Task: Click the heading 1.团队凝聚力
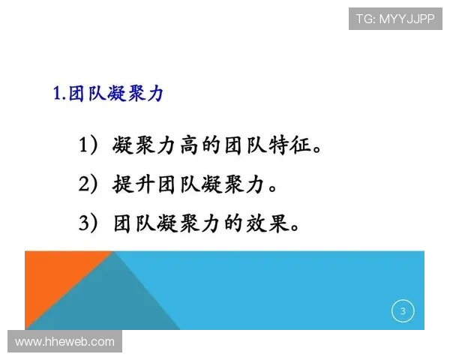tap(108, 94)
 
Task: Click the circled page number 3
tap(403, 311)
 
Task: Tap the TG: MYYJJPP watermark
tap(394, 19)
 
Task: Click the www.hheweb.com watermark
tap(64, 342)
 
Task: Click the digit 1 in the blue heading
tap(57, 94)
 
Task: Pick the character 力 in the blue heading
tap(154, 94)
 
